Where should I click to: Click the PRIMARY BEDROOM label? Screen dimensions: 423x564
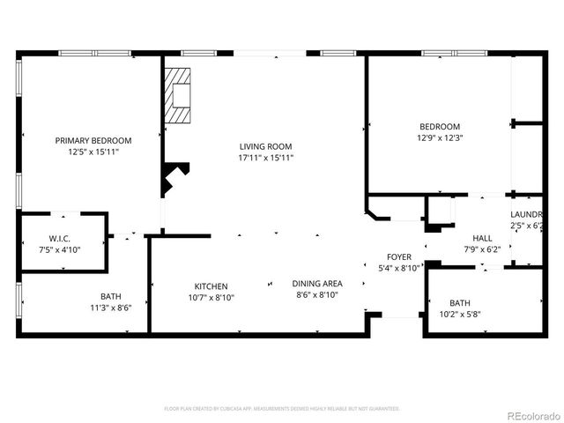click(x=93, y=140)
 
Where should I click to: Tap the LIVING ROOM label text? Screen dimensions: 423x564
click(x=265, y=146)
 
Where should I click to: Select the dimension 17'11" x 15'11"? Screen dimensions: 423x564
click(x=265, y=159)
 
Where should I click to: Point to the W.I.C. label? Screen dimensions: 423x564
click(x=60, y=239)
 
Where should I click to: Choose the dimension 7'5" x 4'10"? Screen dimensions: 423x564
click(x=60, y=251)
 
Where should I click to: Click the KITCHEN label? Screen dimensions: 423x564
click(x=211, y=286)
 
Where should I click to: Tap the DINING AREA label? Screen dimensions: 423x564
click(x=317, y=283)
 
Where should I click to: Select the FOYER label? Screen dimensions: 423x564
click(x=398, y=256)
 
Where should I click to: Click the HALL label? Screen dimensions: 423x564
click(x=482, y=238)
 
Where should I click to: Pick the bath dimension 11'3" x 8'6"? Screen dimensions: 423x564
click(x=111, y=308)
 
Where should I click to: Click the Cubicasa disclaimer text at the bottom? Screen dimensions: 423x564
click(x=282, y=409)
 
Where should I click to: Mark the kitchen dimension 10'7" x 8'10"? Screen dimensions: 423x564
click(x=211, y=298)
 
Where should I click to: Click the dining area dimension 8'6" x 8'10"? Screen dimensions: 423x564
click(x=317, y=294)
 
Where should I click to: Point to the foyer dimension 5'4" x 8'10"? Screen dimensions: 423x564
click(x=398, y=268)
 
